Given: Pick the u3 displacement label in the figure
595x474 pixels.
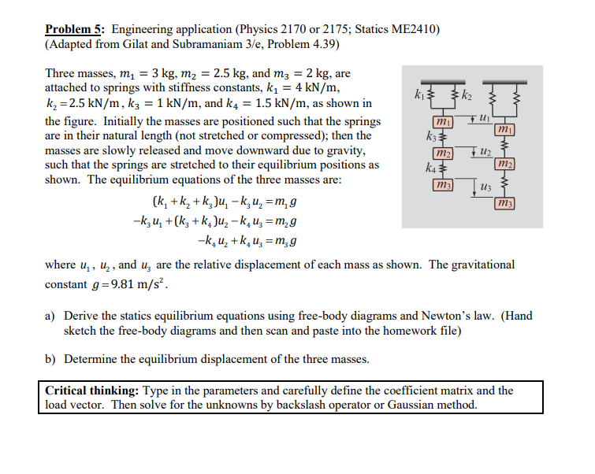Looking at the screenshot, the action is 484,186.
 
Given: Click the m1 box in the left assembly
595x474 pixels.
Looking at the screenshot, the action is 443,121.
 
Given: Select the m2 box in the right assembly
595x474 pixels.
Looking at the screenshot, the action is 504,162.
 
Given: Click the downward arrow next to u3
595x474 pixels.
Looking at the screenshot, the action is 472,189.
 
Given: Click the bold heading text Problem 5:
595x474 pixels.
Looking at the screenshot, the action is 73,30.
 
